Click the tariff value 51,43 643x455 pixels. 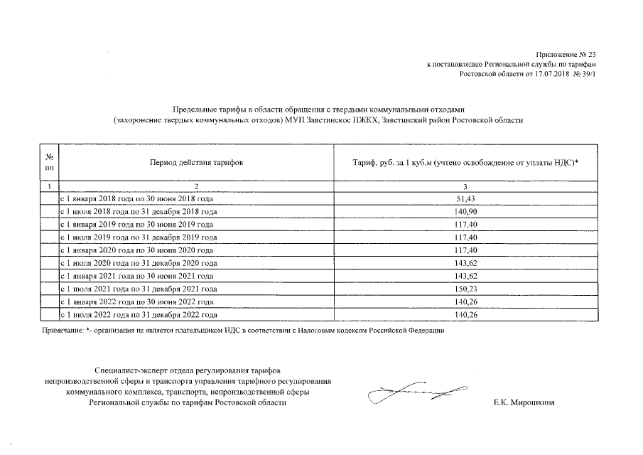(466, 199)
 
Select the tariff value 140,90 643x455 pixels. (466, 212)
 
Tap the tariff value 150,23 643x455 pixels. (466, 288)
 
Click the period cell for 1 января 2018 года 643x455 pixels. (136, 199)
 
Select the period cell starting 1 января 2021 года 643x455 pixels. (136, 275)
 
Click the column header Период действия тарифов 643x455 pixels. (196, 163)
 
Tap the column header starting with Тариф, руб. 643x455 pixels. (465, 163)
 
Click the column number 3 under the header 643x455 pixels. (466, 186)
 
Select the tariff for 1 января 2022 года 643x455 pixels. (466, 301)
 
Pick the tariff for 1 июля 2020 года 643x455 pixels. (466, 262)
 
